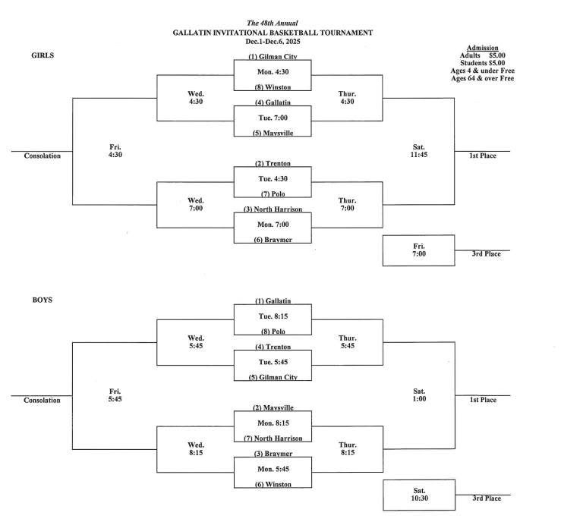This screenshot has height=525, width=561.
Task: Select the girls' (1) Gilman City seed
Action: click(273, 58)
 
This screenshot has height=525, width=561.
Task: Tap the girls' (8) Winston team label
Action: click(273, 87)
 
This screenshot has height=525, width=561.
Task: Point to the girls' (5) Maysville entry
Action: click(273, 132)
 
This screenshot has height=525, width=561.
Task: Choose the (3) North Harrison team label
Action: click(273, 209)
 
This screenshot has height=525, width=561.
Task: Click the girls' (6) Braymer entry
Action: click(273, 239)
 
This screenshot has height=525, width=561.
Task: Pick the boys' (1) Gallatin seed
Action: click(273, 301)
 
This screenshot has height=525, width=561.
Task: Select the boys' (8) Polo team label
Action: click(273, 332)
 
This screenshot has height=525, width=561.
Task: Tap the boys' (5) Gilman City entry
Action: click(273, 377)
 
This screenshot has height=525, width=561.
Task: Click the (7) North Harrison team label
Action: click(273, 438)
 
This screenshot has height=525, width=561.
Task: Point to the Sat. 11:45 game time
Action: click(419, 151)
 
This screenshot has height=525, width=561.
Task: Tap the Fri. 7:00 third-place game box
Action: click(419, 250)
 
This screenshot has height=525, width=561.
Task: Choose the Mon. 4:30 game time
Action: click(273, 72)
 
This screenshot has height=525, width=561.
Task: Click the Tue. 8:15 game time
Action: click(273, 316)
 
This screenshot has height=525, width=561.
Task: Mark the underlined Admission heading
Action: click(482, 47)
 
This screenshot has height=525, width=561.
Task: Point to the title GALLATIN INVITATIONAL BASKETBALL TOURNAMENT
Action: click(273, 33)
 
